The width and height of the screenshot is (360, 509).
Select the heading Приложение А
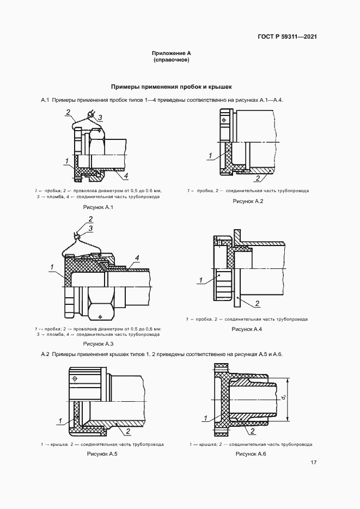(x=172, y=53)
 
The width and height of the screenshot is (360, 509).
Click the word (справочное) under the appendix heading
(x=172, y=60)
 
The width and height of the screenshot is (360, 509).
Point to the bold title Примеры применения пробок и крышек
(x=172, y=87)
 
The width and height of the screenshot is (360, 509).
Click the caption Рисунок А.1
(x=97, y=208)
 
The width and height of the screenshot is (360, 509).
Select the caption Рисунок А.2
(x=248, y=201)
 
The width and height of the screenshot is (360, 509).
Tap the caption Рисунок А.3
(x=98, y=344)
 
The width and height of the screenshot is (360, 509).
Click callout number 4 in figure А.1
(x=126, y=176)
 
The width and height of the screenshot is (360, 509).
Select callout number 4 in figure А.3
(x=137, y=257)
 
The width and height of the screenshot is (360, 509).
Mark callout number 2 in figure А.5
(x=127, y=432)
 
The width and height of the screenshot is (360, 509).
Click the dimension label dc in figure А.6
(x=284, y=398)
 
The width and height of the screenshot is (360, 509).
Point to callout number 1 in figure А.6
(x=205, y=419)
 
